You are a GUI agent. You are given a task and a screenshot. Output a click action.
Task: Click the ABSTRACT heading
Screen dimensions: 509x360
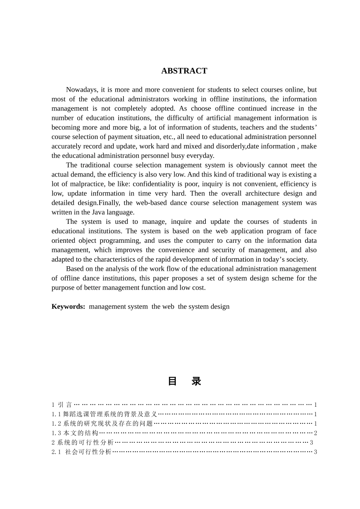tap(184, 71)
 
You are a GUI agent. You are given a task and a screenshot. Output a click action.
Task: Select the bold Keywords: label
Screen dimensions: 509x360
tap(69, 306)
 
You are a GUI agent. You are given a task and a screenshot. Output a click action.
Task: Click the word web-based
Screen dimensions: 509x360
tap(151, 203)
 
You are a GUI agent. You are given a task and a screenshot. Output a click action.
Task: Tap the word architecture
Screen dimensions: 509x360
tap(262, 194)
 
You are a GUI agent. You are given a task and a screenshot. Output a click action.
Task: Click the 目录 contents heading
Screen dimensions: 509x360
tap(184, 381)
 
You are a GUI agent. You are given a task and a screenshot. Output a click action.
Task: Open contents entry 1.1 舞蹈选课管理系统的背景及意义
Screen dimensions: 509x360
tap(104, 414)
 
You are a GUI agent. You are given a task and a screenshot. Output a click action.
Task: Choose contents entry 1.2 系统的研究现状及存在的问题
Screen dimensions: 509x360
tap(102, 424)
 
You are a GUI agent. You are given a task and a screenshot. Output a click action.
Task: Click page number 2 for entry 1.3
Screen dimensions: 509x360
tap(315, 433)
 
